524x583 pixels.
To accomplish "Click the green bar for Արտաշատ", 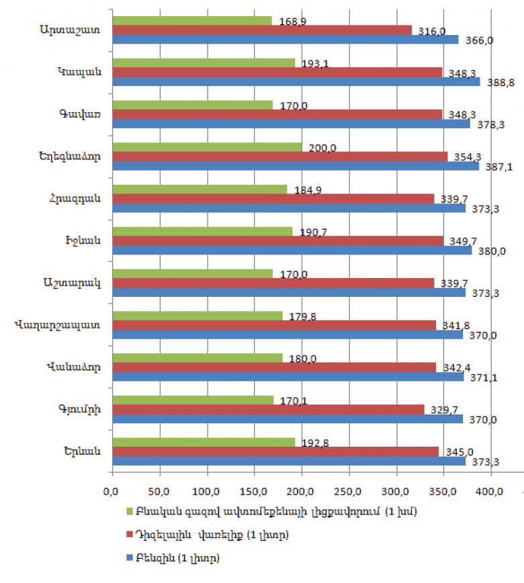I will (192, 21).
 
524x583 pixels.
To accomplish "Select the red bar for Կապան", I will (277, 72).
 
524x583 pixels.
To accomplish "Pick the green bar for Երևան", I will (204, 442).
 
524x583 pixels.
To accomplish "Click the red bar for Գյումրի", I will (268, 409).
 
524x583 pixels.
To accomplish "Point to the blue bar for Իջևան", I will (292, 251).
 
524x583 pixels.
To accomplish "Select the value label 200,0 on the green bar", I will (322, 148).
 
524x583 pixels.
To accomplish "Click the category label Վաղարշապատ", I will (60, 325).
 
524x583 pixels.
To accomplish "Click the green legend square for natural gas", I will (130, 512).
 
